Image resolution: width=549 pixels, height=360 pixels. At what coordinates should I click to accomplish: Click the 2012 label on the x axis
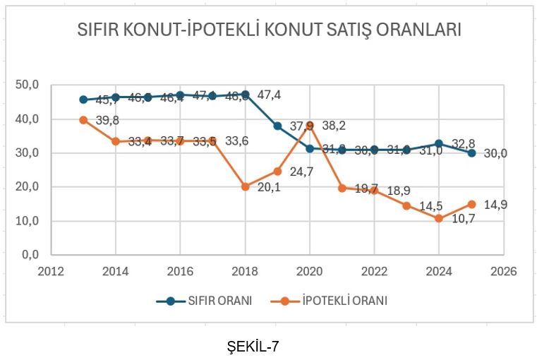(51, 271)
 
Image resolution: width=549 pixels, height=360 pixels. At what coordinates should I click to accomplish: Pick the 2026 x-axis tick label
(505, 271)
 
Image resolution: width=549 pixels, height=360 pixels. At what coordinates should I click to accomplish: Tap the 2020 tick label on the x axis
(310, 271)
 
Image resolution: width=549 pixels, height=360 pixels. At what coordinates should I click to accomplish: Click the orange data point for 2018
(246, 187)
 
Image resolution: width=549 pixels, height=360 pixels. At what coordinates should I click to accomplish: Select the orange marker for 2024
(440, 218)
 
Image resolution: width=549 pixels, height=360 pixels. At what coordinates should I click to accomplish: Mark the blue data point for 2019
(278, 126)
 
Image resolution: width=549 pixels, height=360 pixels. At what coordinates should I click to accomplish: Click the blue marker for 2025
(472, 153)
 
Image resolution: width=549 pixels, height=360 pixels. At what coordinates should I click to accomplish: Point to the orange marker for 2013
(83, 120)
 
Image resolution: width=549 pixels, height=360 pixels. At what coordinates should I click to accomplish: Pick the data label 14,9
(497, 205)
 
